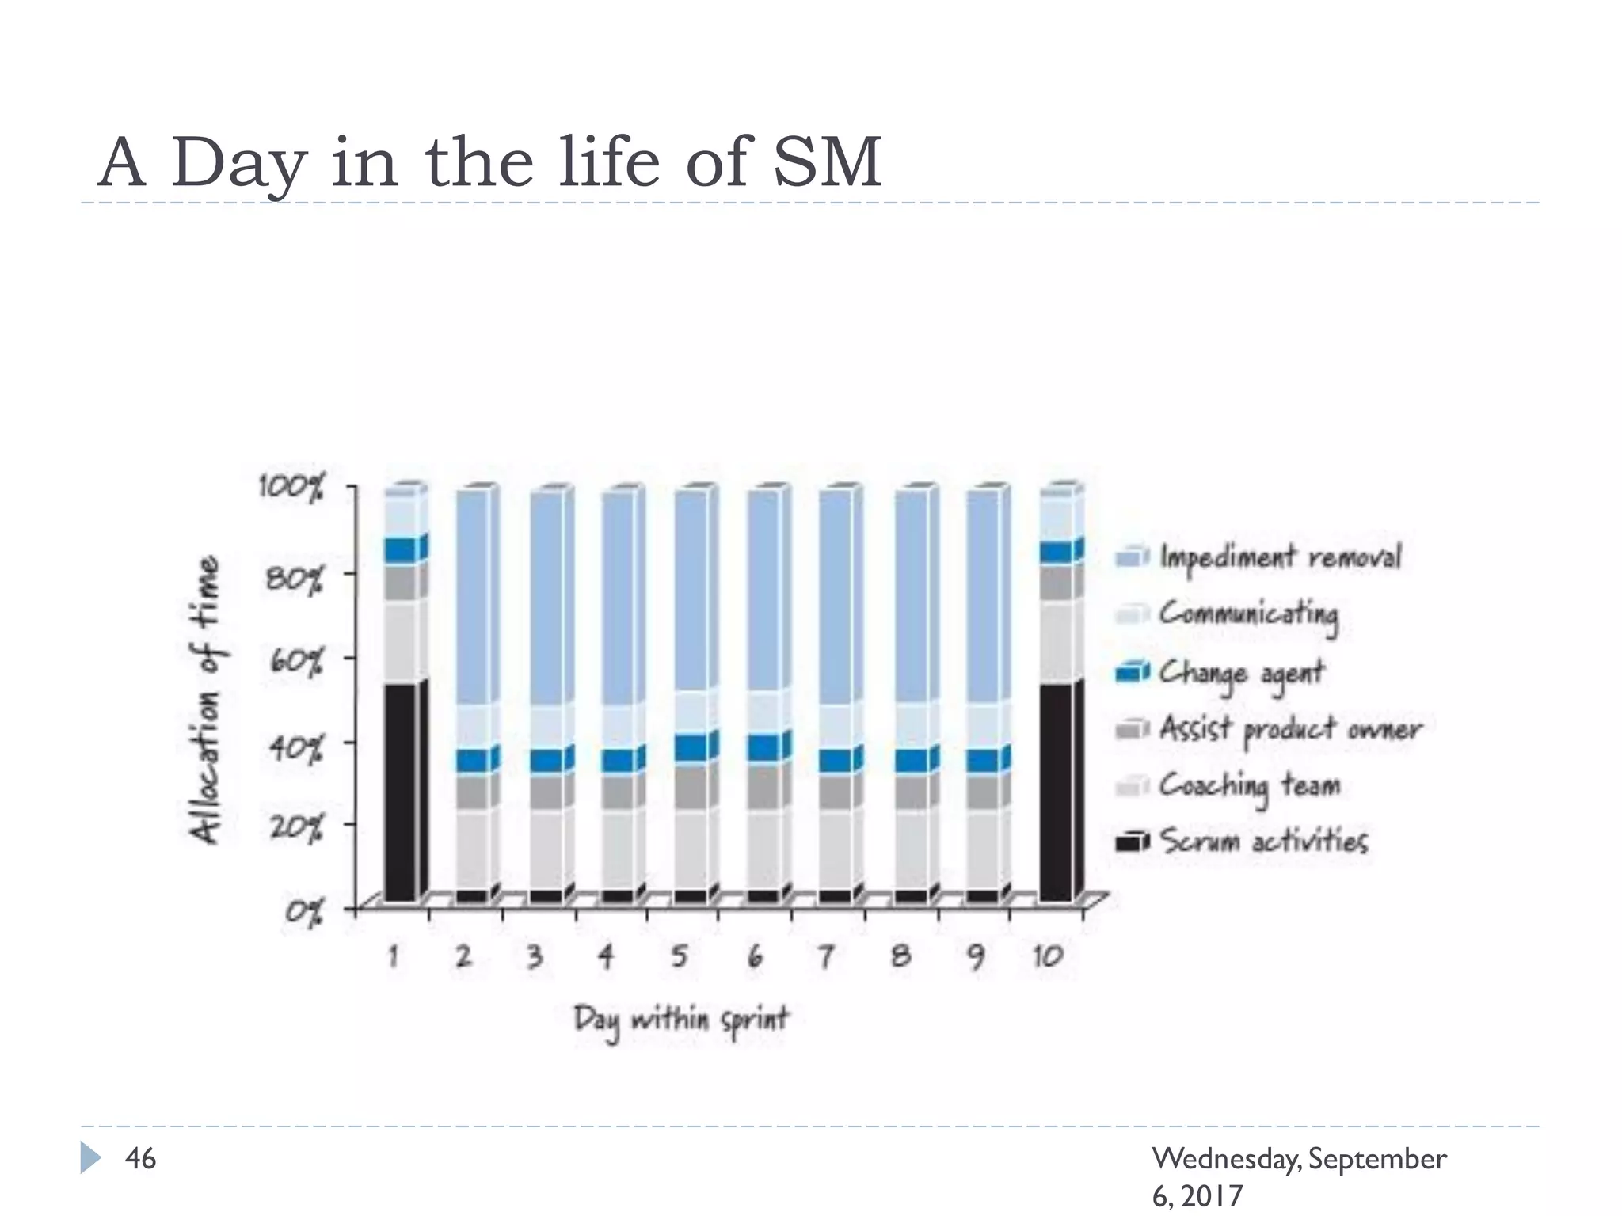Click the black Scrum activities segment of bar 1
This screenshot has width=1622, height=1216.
[402, 792]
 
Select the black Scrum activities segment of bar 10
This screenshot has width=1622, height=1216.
[1057, 792]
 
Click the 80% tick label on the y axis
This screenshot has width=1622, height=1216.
[294, 579]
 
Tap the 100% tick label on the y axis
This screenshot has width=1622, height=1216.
[291, 488]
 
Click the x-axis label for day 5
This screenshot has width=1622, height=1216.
[679, 956]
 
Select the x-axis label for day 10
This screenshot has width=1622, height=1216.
[1047, 956]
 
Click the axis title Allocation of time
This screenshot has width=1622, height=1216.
[204, 700]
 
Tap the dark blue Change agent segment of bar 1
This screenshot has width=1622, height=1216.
[402, 551]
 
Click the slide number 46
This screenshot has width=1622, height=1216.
[140, 1159]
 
